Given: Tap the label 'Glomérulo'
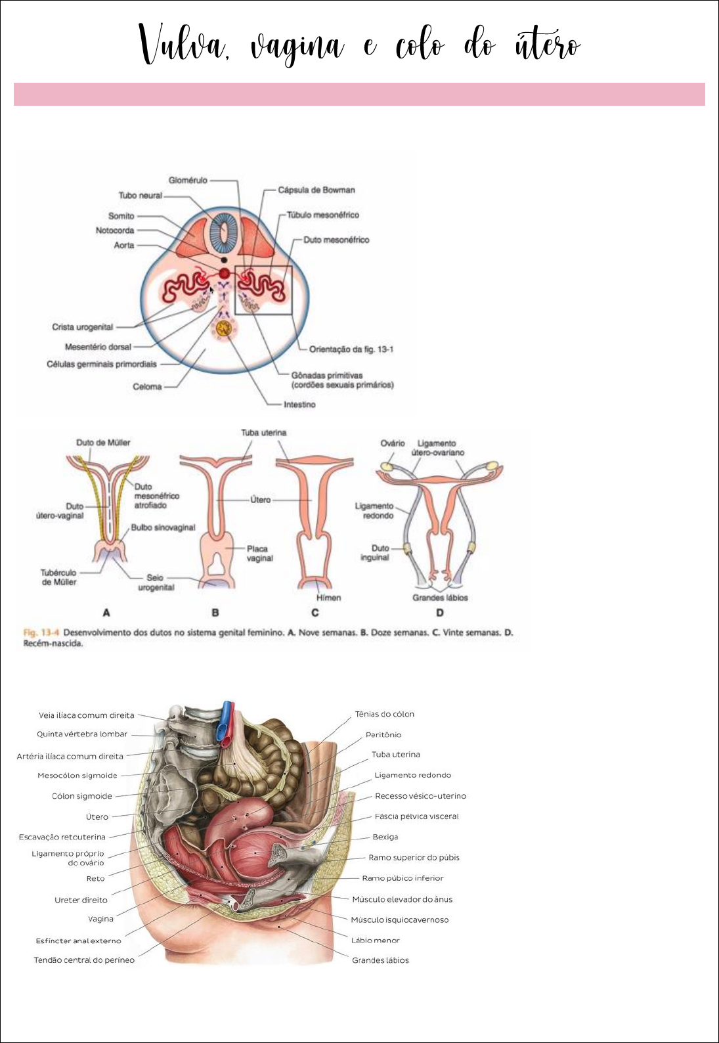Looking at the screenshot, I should pyautogui.click(x=188, y=180).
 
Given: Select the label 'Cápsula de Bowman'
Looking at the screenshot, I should pyautogui.click(x=316, y=190).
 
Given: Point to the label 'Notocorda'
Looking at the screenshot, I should pyautogui.click(x=115, y=231).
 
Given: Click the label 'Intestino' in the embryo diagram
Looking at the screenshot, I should pyautogui.click(x=299, y=405).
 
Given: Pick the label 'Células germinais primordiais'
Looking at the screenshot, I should pyautogui.click(x=102, y=364).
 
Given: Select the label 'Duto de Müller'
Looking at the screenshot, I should pyautogui.click(x=103, y=443).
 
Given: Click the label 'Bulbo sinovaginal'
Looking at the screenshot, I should pyautogui.click(x=163, y=527).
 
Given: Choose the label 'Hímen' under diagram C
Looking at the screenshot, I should pyautogui.click(x=328, y=598).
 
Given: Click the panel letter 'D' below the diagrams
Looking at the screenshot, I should pyautogui.click(x=440, y=613).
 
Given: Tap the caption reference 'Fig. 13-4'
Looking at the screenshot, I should pyautogui.click(x=41, y=632).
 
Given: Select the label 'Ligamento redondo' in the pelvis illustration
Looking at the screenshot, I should pyautogui.click(x=412, y=775).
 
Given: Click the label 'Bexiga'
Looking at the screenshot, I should pyautogui.click(x=385, y=837).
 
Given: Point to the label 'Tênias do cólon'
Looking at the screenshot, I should pyautogui.click(x=384, y=714).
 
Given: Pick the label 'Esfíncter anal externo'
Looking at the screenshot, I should pyautogui.click(x=78, y=941).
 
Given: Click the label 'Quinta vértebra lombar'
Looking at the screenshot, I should pyautogui.click(x=82, y=734).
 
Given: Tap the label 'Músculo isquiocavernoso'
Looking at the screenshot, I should pyautogui.click(x=399, y=920).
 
